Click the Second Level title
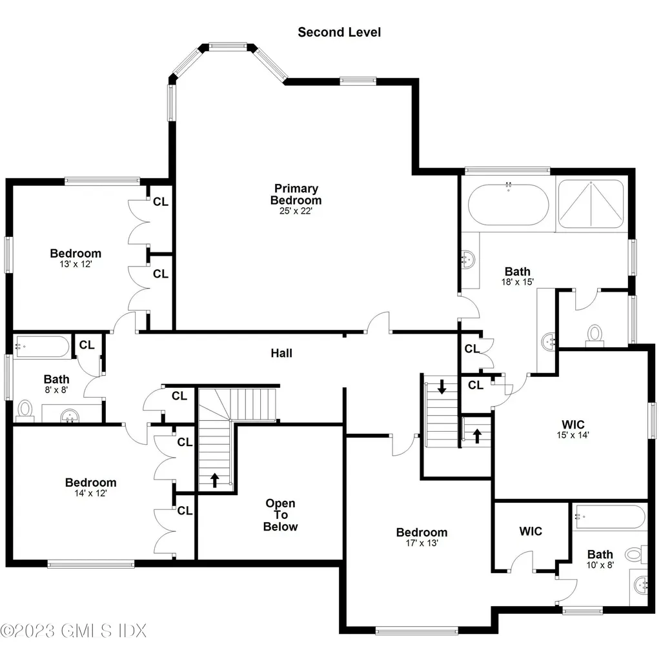point(339,32)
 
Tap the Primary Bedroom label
point(296,194)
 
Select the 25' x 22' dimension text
point(296,211)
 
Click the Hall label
point(281,353)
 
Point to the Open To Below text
point(281,515)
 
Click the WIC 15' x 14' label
point(573,429)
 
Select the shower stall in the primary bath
point(591,203)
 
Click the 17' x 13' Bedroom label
point(422,538)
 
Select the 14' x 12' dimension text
point(90,493)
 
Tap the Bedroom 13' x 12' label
point(76,258)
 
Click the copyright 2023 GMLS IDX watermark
point(74,630)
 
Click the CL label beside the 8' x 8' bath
point(86,345)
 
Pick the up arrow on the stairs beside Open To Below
point(214,480)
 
